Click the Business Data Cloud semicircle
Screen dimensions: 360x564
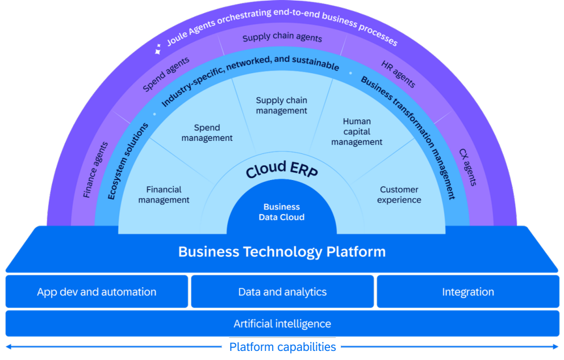[x=282, y=212]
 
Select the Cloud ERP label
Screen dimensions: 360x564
[x=282, y=170]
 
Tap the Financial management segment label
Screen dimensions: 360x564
[x=164, y=195]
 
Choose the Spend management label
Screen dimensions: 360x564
[x=207, y=133]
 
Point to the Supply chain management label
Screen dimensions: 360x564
[x=282, y=106]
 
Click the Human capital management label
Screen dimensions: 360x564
[x=357, y=132]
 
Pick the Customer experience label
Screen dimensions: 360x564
[x=399, y=195]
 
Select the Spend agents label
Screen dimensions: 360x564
[x=166, y=74]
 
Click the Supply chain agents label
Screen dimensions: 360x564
[x=282, y=38]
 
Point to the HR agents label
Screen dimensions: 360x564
[x=398, y=74]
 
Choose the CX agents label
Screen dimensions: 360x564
[x=468, y=167]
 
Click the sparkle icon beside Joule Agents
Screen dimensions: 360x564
[x=158, y=49]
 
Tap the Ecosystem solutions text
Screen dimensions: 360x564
[x=128, y=161]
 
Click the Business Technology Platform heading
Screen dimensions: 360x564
[x=282, y=252]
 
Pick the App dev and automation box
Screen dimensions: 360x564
[x=97, y=292]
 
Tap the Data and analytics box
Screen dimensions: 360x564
[x=282, y=292]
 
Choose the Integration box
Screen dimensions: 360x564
[x=468, y=292]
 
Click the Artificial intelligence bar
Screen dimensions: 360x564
[x=282, y=324]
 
